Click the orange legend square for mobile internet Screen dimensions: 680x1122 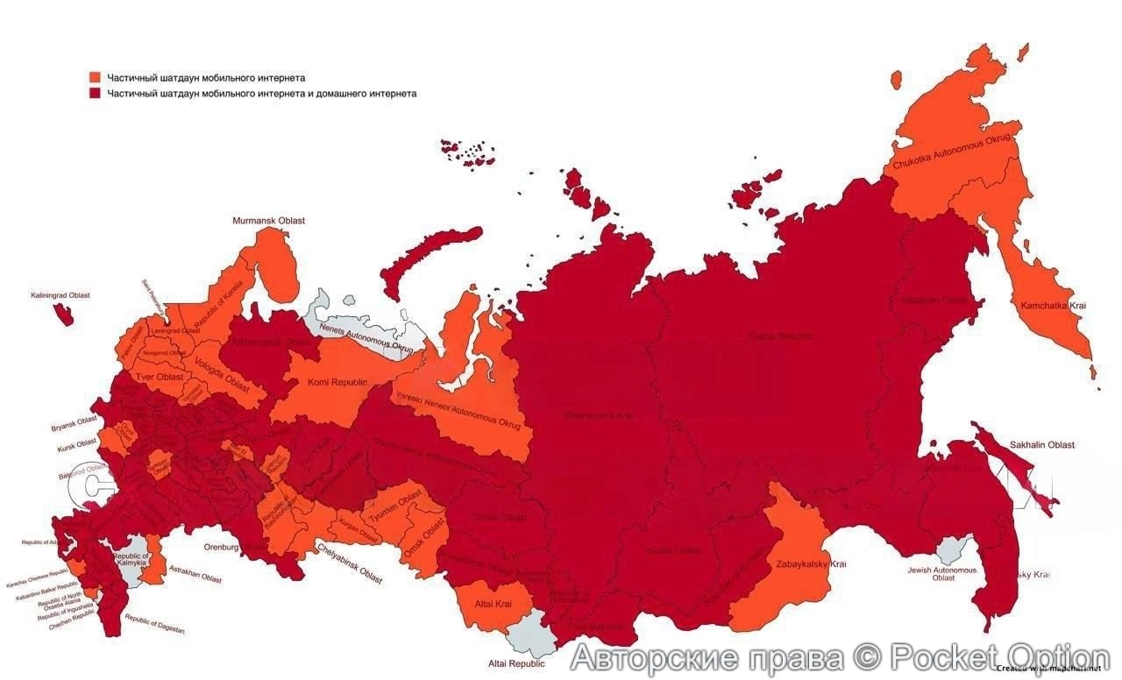95,78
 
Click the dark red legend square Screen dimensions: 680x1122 95,93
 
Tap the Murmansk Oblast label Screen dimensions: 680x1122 268,221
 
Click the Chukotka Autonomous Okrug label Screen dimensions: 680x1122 952,151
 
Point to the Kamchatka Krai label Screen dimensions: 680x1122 1053,305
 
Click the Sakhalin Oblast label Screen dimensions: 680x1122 1041,445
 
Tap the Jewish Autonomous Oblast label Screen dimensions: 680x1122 942,573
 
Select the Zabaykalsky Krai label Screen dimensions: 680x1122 811,563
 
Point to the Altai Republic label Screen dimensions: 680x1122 516,663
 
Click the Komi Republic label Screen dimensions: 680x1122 337,382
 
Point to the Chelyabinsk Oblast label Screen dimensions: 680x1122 348,563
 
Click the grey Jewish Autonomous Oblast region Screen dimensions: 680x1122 950,551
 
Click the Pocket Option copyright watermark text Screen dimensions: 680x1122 840,656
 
